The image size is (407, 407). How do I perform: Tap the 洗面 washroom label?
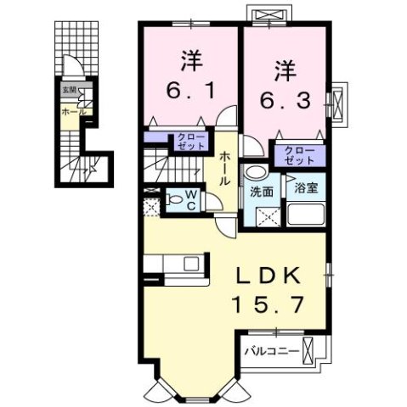[260, 192]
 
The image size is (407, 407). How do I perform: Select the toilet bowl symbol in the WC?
[172, 201]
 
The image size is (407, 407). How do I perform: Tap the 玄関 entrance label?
[67, 89]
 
